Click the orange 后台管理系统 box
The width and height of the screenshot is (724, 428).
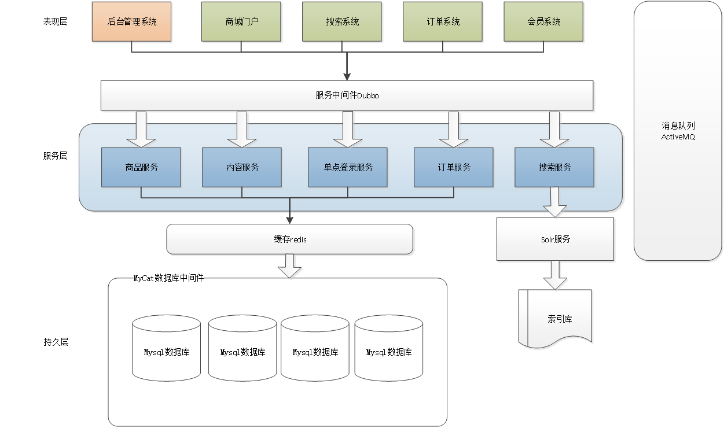tap(132, 22)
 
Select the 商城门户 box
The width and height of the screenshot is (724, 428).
tap(242, 22)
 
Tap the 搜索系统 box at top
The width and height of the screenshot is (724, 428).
tap(343, 22)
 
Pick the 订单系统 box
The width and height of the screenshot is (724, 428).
tap(443, 22)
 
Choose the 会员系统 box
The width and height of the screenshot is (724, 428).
tap(544, 22)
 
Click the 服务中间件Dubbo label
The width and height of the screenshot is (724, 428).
tap(347, 95)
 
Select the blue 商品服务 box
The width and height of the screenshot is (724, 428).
tap(141, 167)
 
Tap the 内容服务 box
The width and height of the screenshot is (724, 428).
tap(242, 167)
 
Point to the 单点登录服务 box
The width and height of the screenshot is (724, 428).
tap(348, 167)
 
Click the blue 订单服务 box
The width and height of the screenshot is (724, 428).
tap(454, 167)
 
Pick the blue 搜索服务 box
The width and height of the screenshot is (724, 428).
tap(554, 167)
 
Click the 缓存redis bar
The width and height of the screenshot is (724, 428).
tap(290, 239)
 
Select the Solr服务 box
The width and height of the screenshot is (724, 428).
tap(555, 239)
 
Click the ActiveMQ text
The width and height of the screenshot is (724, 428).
tap(678, 137)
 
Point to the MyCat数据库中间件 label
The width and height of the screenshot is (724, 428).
tap(168, 278)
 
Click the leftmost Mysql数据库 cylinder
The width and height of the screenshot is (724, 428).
tap(166, 352)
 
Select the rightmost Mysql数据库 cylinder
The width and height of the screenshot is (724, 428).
tap(389, 352)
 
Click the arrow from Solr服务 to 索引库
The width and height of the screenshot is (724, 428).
tap(556, 274)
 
